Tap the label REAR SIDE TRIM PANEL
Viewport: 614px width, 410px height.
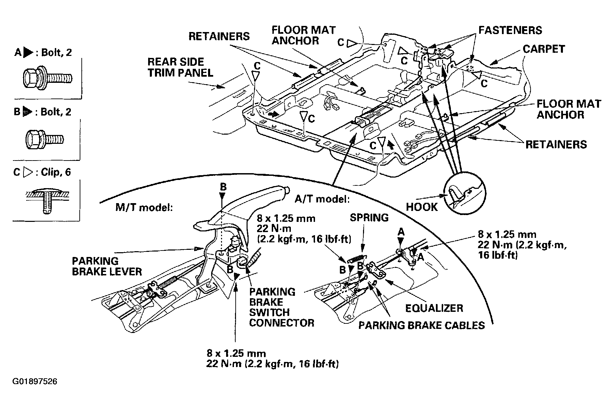click(x=180, y=67)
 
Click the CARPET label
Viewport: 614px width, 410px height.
click(x=544, y=49)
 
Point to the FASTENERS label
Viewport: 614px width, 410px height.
click(x=510, y=30)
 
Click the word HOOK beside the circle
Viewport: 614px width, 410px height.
click(x=422, y=207)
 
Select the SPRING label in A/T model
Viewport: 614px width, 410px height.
click(x=369, y=217)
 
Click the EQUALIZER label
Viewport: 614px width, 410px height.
click(x=434, y=308)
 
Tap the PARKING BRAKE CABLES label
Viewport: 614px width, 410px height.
click(x=421, y=325)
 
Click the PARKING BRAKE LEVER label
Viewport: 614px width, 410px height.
click(x=107, y=266)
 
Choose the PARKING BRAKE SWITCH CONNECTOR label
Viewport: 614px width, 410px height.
click(x=281, y=307)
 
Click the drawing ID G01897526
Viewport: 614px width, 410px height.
click(x=35, y=381)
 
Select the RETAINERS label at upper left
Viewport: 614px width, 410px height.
click(x=219, y=36)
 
